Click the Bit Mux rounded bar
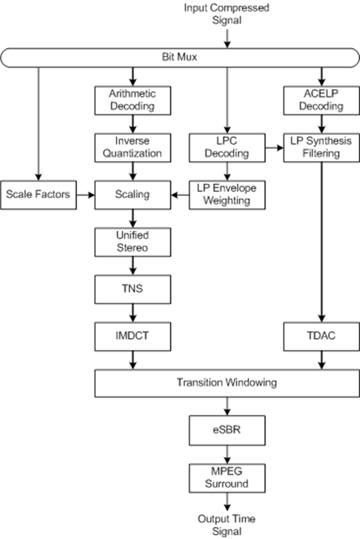click(180, 58)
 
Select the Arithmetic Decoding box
click(133, 100)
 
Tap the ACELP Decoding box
click(322, 100)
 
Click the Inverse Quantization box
click(133, 148)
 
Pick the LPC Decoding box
click(227, 148)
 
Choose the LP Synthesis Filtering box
click(322, 148)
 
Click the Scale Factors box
click(38, 195)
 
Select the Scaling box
click(133, 195)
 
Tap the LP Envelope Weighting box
click(227, 195)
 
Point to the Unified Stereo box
click(133, 242)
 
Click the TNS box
click(133, 289)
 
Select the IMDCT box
click(133, 337)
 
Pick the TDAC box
click(322, 337)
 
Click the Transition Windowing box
click(227, 383)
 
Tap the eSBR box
click(227, 430)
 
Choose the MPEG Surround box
click(227, 478)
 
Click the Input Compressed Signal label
click(226, 14)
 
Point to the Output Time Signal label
click(226, 525)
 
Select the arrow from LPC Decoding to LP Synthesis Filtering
click(274, 148)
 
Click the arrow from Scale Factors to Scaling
click(86, 195)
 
